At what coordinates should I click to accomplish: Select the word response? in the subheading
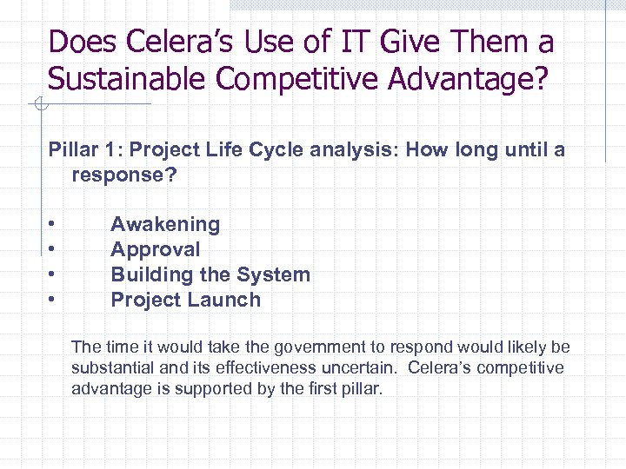pyautogui.click(x=124, y=175)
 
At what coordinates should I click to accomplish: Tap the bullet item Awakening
pyautogui.click(x=165, y=224)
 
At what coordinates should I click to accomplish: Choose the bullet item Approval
pyautogui.click(x=155, y=249)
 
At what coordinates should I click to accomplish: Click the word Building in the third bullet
pyautogui.click(x=147, y=274)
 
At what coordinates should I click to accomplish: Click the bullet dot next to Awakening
pyautogui.click(x=53, y=224)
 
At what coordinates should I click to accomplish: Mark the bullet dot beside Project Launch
pyautogui.click(x=53, y=300)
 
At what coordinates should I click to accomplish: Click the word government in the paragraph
pyautogui.click(x=321, y=347)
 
